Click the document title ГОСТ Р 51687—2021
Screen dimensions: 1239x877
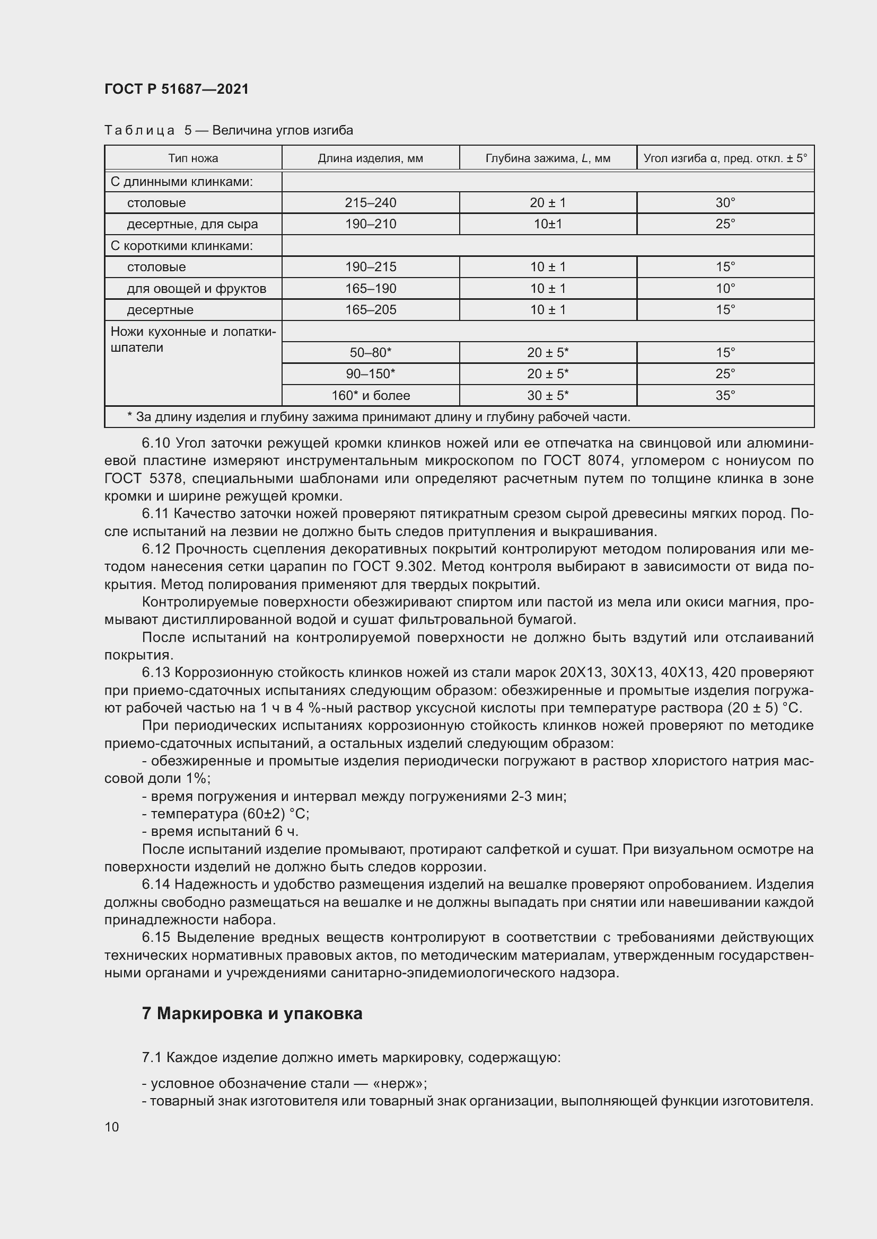point(177,89)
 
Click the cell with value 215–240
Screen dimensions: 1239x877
point(371,203)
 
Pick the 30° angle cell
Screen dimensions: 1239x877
point(725,203)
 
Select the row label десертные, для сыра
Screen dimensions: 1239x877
point(192,224)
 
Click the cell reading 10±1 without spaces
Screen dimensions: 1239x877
point(548,224)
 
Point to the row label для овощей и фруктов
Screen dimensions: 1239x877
point(197,289)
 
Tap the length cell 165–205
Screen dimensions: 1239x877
point(371,310)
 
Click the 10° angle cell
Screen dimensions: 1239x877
point(725,289)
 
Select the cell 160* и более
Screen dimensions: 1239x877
point(371,396)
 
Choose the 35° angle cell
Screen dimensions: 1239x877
point(725,396)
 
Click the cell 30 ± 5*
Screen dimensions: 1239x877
point(548,396)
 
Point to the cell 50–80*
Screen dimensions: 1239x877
point(371,353)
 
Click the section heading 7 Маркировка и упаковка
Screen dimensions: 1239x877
point(252,1013)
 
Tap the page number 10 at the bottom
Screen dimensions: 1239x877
point(112,1127)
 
